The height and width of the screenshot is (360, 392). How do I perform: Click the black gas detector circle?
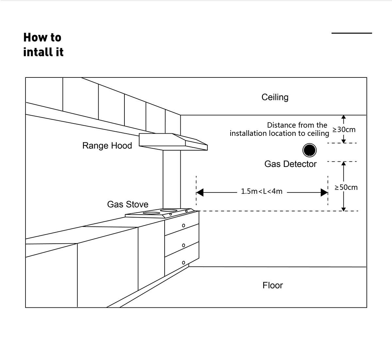(309, 150)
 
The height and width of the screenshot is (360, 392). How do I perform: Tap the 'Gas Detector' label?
(290, 164)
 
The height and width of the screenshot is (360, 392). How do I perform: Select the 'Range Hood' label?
(107, 146)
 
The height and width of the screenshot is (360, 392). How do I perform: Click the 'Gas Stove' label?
(128, 205)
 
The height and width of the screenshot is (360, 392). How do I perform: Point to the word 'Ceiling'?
(275, 97)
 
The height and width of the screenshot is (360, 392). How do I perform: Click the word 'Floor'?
(272, 286)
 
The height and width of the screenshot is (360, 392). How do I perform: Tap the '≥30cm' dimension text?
(344, 130)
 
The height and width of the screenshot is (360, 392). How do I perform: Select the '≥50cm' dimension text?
(346, 188)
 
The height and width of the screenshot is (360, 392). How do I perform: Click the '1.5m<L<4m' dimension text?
(262, 191)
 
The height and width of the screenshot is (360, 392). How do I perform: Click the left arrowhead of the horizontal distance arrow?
(200, 192)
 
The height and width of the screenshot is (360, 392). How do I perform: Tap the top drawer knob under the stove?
(184, 225)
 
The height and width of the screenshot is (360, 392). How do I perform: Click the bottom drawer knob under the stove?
(184, 263)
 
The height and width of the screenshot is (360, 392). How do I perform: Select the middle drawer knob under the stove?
(184, 245)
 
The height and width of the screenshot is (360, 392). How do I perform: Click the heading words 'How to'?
(42, 38)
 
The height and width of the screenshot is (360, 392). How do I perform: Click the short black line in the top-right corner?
(351, 33)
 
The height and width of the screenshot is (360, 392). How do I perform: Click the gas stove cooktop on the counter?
(159, 213)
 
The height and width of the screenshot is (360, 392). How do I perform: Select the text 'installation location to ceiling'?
(279, 134)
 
